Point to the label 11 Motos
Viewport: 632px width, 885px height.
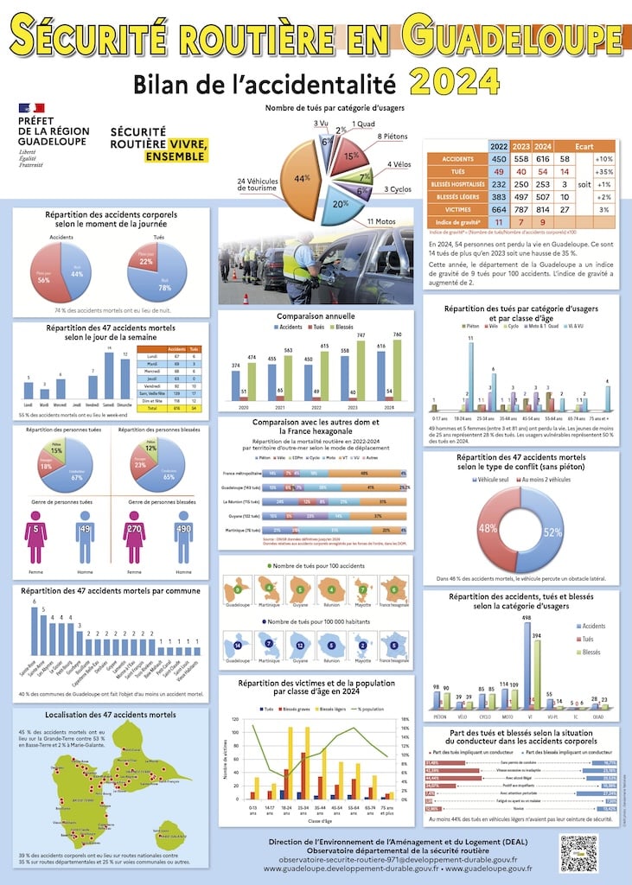pos(381,222)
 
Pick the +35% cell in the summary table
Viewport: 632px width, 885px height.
pos(603,172)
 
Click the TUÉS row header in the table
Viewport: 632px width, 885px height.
pos(456,172)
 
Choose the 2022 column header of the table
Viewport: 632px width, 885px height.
pos(499,146)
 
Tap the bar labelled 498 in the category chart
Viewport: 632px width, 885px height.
pos(526,665)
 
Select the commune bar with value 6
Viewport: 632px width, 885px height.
pos(35,630)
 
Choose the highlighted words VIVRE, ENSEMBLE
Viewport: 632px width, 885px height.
pos(176,150)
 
